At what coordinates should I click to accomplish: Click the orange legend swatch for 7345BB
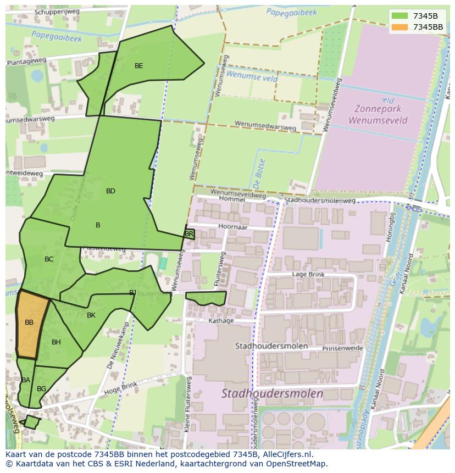click(400, 27)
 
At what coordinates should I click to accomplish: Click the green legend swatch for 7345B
click(400, 16)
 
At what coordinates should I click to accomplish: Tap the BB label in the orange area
click(29, 322)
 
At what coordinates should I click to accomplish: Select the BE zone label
click(139, 66)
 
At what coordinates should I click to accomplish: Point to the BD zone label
click(110, 191)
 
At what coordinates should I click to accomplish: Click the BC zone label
click(49, 259)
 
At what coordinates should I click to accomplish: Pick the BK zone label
click(91, 315)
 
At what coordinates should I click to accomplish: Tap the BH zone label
click(56, 342)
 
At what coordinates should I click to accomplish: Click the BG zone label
click(41, 389)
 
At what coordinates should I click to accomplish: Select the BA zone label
click(26, 380)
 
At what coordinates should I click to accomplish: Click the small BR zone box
click(189, 234)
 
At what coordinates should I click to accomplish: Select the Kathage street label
click(221, 321)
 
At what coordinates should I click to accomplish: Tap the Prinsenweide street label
click(342, 348)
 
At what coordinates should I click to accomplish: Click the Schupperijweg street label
click(57, 12)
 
